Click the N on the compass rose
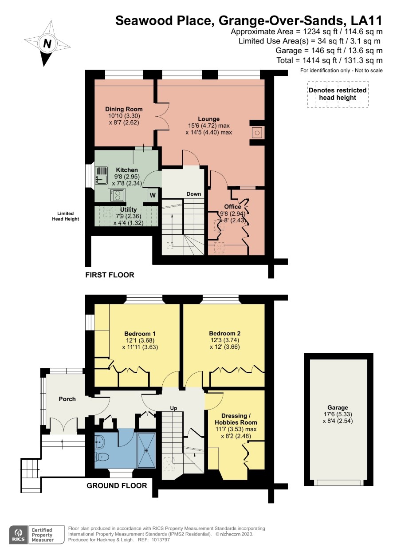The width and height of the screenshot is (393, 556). [47, 43]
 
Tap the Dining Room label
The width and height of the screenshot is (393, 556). [124, 109]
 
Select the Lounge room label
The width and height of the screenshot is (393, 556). [208, 119]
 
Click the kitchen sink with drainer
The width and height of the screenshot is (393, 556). [101, 175]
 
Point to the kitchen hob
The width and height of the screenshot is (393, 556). [118, 195]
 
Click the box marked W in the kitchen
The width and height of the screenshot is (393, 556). [153, 195]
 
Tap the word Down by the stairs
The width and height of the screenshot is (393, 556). [194, 194]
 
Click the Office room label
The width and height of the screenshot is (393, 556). [232, 206]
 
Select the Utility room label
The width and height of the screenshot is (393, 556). [128, 209]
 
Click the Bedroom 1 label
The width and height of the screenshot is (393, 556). [140, 334]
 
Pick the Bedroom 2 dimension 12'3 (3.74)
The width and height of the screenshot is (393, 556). [225, 340]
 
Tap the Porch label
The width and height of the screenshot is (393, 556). [67, 399]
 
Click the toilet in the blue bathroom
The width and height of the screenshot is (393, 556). [102, 456]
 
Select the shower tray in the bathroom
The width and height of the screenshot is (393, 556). [146, 450]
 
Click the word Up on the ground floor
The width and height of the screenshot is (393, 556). [173, 408]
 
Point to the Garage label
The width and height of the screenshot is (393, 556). [338, 407]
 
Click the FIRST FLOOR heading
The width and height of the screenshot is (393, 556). [110, 275]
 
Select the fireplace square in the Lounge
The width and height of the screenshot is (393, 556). [257, 133]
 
